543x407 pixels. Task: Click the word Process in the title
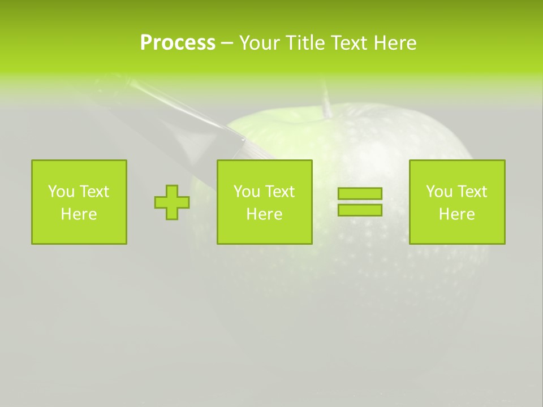click(x=178, y=43)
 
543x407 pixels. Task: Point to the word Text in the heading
click(x=346, y=43)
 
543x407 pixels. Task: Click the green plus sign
click(x=172, y=202)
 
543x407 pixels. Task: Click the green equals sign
click(x=360, y=202)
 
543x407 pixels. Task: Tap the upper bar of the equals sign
click(x=360, y=194)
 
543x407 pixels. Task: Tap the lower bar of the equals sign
click(x=360, y=210)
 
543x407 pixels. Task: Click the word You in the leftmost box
click(x=61, y=192)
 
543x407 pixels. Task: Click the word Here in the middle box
click(x=264, y=214)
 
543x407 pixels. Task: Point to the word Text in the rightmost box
click(x=472, y=192)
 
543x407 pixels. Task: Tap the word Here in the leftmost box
click(x=79, y=214)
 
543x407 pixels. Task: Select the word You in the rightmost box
click(x=439, y=192)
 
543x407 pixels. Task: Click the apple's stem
click(x=326, y=102)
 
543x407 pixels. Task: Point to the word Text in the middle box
click(x=280, y=192)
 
